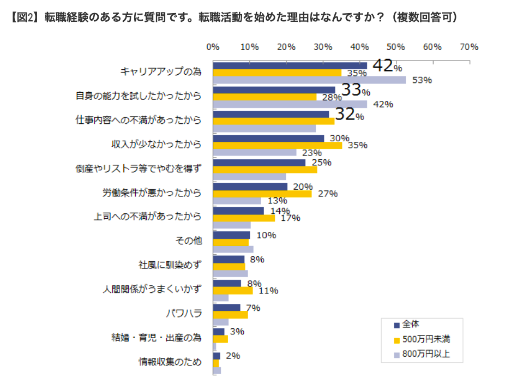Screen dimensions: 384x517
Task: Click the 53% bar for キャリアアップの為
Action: [x=309, y=80]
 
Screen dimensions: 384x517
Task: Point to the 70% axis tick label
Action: [x=469, y=47]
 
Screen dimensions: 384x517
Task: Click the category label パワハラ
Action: [x=184, y=314]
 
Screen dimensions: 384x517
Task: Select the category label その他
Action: [x=188, y=241]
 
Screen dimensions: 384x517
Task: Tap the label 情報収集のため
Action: [x=170, y=362]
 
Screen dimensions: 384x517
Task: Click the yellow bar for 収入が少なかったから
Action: [x=278, y=145]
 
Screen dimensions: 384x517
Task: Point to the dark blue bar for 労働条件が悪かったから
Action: [x=250, y=187]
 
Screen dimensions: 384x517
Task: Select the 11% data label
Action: [x=268, y=291]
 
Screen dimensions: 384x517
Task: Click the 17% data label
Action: [x=290, y=218]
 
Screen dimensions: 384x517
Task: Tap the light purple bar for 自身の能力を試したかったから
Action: [x=290, y=104]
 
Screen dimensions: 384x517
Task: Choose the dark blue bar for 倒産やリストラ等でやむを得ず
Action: [x=259, y=163]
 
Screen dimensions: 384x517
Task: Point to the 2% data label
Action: [x=233, y=356]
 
